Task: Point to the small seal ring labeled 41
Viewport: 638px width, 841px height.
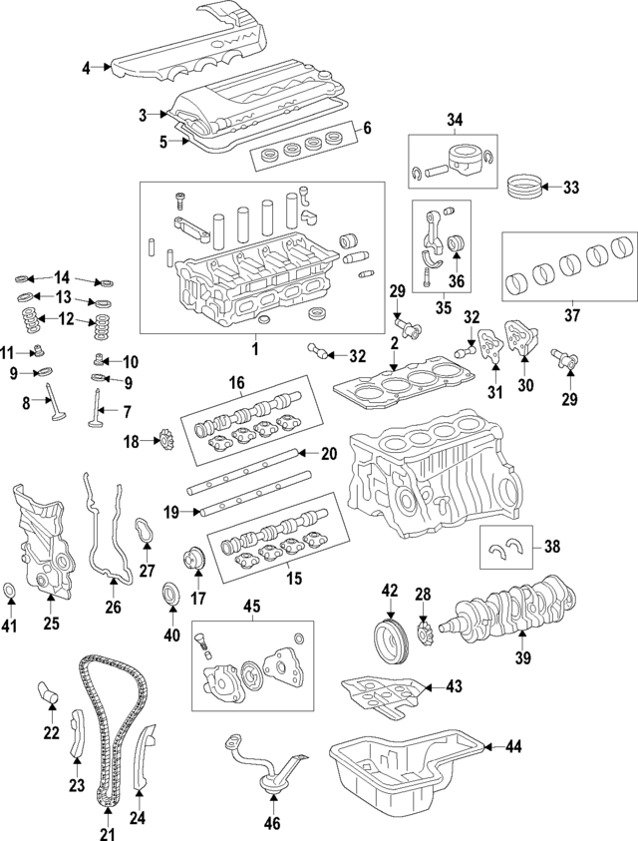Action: click(x=10, y=596)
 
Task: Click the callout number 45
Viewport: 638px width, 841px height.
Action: click(x=251, y=606)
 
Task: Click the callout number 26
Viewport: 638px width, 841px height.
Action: click(x=113, y=605)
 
